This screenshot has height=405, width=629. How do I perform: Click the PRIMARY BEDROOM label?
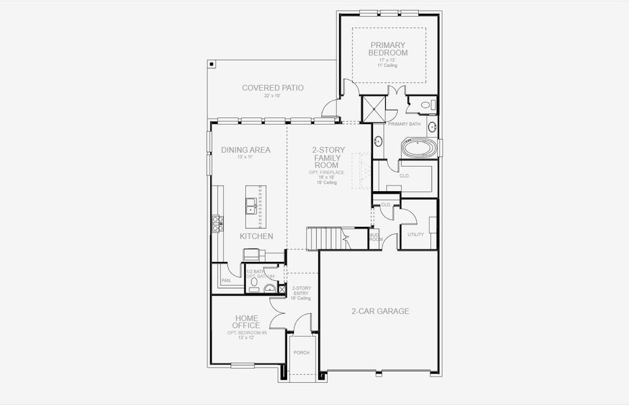pos(388,49)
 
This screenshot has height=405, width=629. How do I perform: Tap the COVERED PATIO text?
pos(272,88)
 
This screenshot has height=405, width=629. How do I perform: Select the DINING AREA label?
pos(246,150)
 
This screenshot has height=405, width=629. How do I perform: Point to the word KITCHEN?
pos(256,236)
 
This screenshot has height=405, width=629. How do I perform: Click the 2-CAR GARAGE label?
pos(380,311)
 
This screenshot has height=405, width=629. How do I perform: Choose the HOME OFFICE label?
pos(247,322)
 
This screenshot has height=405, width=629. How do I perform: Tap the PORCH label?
pos(301,352)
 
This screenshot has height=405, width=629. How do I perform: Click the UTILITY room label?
pos(415,234)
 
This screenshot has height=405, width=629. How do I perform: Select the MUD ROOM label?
pos(376,236)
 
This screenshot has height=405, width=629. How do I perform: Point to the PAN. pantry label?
pos(226,280)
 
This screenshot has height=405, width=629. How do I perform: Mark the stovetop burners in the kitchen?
pos(217,223)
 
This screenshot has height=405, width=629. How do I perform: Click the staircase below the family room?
pos(328,238)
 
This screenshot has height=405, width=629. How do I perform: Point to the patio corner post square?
pos(212,65)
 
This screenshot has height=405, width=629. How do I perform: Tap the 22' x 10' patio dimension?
pos(272,96)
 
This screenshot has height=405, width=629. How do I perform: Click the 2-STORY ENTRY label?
pos(301,292)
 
